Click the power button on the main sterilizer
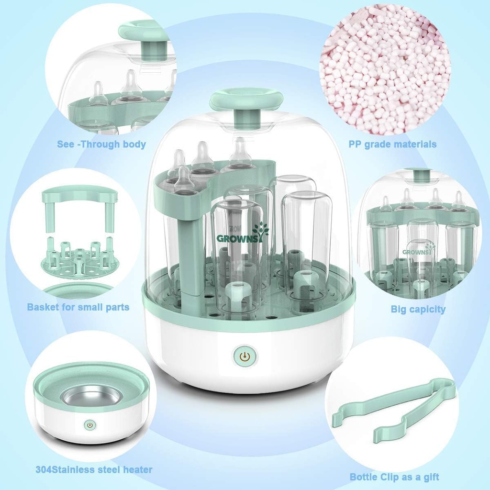[245, 356]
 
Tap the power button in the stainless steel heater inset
[89, 424]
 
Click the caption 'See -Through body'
[101, 144]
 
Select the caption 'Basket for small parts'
[78, 307]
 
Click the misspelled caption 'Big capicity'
[418, 309]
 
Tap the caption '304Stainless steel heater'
[94, 469]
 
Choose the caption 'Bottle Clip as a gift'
[394, 477]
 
